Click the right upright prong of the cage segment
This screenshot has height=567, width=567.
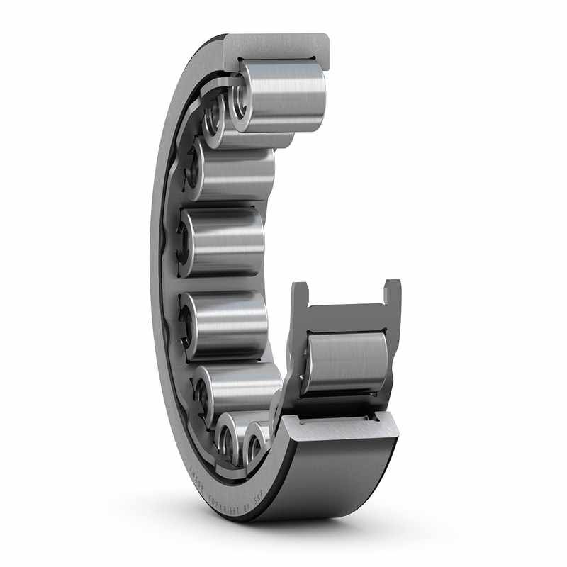[x=392, y=293]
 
